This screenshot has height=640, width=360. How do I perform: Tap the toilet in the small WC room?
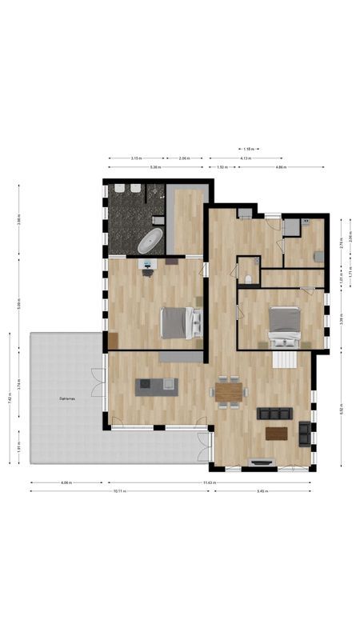tap(249, 278)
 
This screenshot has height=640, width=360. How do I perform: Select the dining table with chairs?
tap(229, 392)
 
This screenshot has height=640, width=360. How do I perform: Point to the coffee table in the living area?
tap(277, 433)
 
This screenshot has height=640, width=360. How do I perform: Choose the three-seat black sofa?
tap(275, 414)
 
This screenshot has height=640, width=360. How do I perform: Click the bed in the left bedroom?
tap(181, 322)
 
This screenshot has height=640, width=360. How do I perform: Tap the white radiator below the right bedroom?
tap(285, 359)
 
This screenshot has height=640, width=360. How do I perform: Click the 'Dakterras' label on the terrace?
tap(68, 398)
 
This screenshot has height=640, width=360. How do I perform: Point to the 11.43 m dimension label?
tap(209, 483)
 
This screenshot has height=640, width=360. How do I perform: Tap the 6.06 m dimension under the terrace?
tap(66, 483)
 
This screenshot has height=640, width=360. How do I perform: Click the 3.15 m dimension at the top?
tap(137, 158)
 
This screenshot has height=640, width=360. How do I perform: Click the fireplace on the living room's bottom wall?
tap(262, 462)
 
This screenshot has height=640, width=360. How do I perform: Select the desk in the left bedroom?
tap(147, 263)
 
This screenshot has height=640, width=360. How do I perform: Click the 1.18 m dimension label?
tap(248, 149)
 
